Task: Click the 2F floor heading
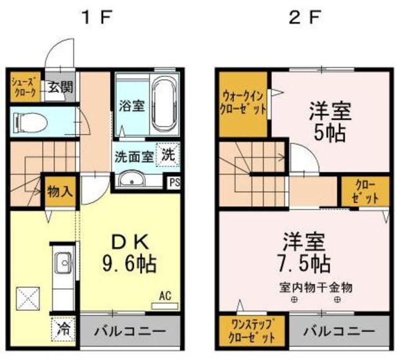click(x=305, y=17)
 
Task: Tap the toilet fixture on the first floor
click(x=29, y=122)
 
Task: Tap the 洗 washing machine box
click(x=167, y=155)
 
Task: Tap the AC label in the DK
click(x=165, y=296)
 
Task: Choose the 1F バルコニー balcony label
click(x=130, y=331)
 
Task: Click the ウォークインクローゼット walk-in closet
click(x=243, y=101)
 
